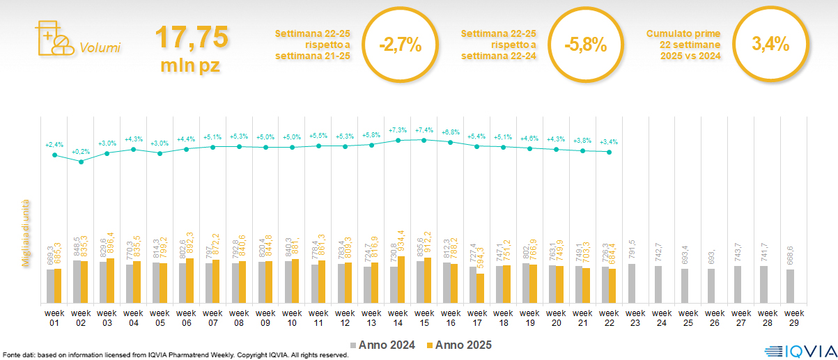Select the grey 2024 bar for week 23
tap(631, 283)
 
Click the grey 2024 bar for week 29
tap(790, 286)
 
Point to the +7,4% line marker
tap(424, 139)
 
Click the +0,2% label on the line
tap(81, 152)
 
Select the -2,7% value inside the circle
tap(401, 45)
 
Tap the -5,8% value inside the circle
tap(586, 45)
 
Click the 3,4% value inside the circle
tap(770, 43)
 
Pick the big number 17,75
tap(191, 36)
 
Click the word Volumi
tap(100, 48)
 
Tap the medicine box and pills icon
tap(53, 39)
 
